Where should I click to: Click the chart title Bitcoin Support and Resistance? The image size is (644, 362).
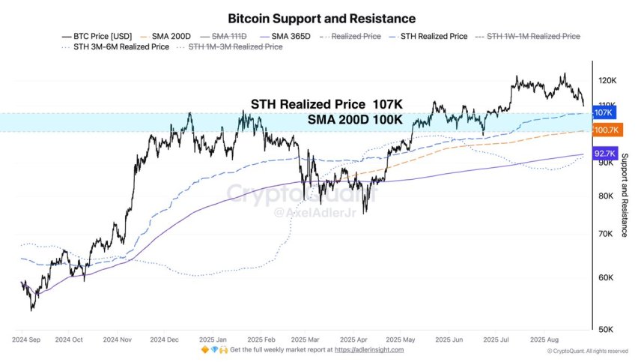pos(321,17)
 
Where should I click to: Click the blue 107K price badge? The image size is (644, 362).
pos(603,112)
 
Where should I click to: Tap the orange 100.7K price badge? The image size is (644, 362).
pos(604,130)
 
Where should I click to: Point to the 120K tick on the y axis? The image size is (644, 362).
pos(607,80)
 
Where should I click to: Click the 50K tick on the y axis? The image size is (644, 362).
pos(606,329)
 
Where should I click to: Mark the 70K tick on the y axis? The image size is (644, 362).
pos(606,235)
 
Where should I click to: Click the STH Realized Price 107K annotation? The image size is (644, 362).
pos(326,105)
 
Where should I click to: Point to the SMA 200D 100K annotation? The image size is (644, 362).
pos(356,120)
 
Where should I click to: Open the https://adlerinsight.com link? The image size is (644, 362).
pos(368,350)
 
